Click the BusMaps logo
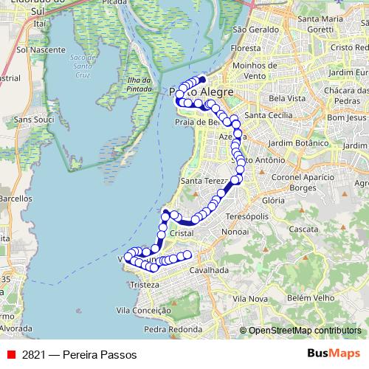pos(334,354)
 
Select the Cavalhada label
pos(209,270)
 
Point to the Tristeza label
pos(144,285)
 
